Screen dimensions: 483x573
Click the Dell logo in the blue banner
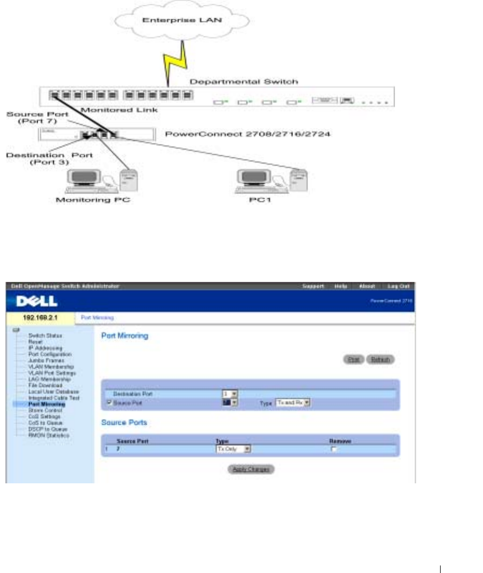34,303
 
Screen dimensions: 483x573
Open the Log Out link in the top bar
399,287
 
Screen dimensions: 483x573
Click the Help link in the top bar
342,287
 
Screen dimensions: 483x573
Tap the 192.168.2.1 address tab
40,317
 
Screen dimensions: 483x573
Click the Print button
353,359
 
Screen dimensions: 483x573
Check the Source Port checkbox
109,402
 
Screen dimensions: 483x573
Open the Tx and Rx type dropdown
293,402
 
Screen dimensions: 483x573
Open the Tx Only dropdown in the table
233,448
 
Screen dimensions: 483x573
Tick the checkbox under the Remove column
334,449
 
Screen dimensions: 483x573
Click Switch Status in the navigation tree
41,335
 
